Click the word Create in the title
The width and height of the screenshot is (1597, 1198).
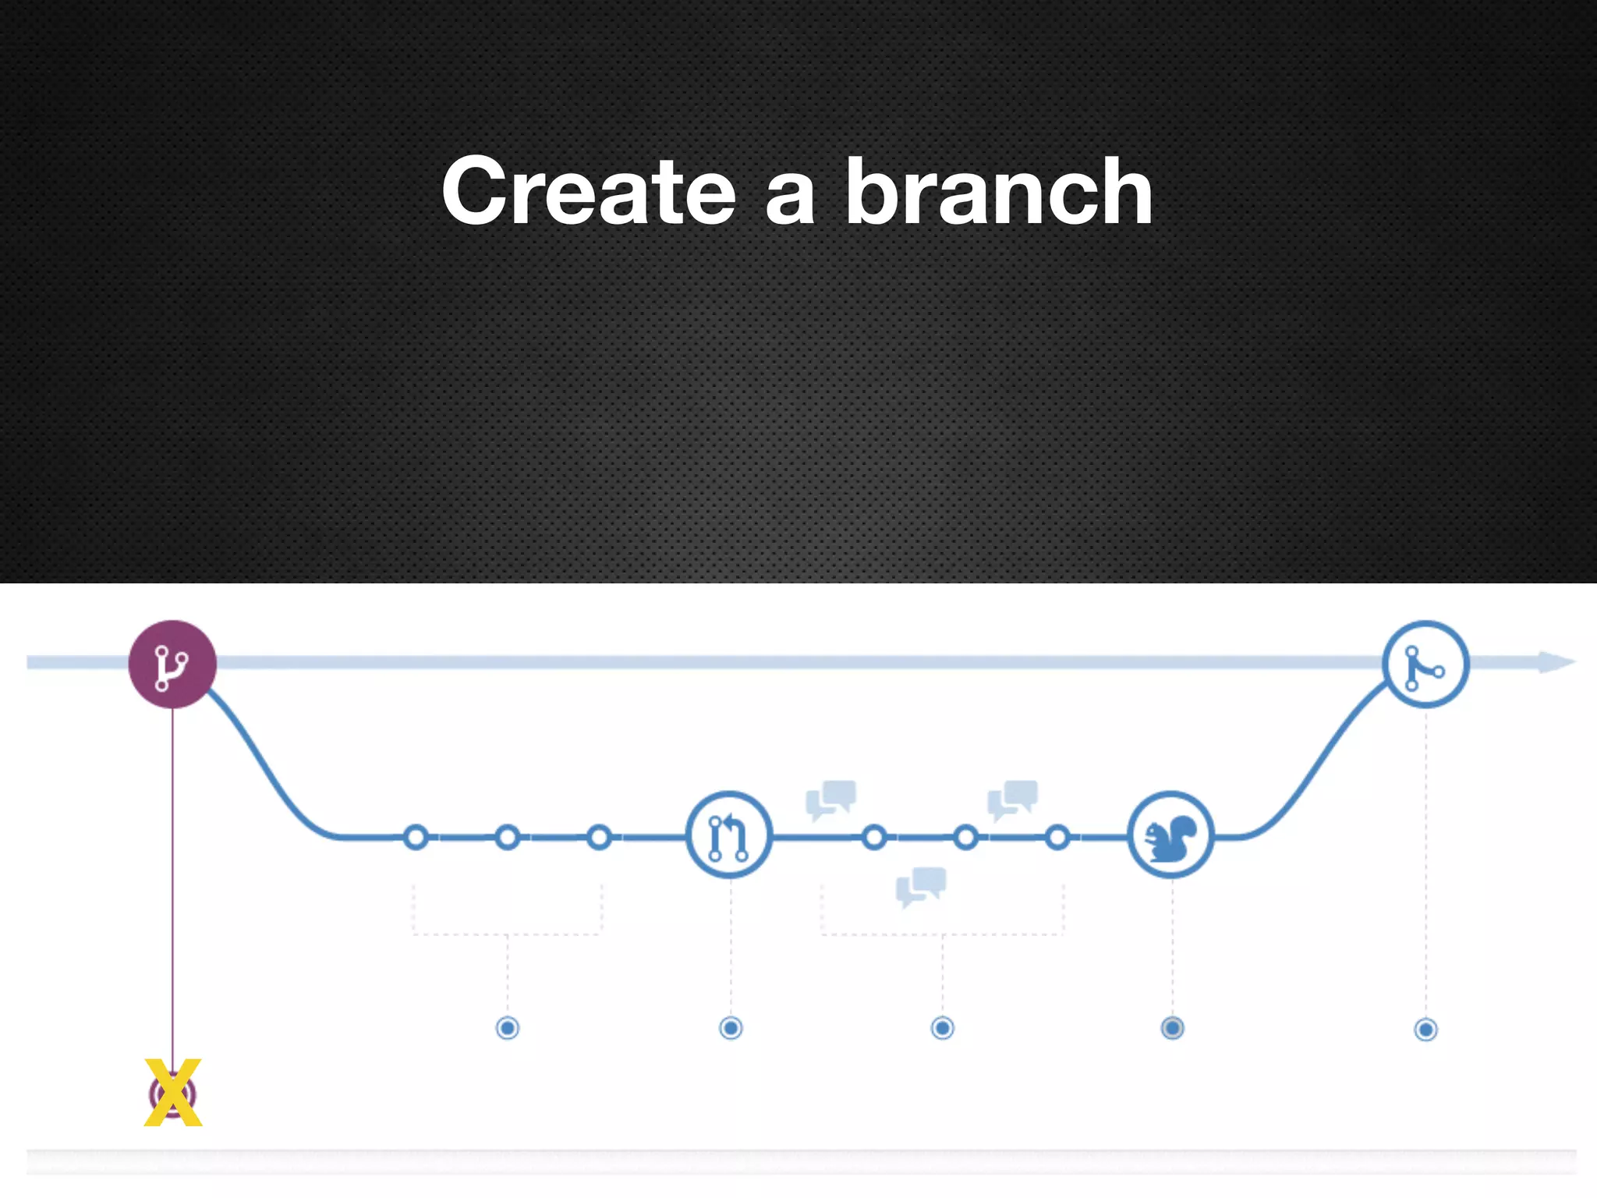pyautogui.click(x=589, y=191)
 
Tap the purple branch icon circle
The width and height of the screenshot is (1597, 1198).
pyautogui.click(x=172, y=665)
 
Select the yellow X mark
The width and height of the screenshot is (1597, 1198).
pyautogui.click(x=173, y=1093)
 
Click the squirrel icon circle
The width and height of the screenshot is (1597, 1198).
pyautogui.click(x=1170, y=835)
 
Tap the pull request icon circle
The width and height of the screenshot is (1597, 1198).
pyautogui.click(x=729, y=835)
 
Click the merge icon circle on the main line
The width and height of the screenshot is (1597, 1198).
pyautogui.click(x=1425, y=665)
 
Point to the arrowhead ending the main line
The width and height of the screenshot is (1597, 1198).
pyautogui.click(x=1557, y=663)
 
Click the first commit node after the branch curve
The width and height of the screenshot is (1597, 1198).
pyautogui.click(x=416, y=838)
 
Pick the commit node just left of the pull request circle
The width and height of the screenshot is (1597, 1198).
pyautogui.click(x=599, y=838)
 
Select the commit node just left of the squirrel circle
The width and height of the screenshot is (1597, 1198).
pyautogui.click(x=1057, y=838)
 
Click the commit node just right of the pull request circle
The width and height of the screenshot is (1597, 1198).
pyautogui.click(x=874, y=838)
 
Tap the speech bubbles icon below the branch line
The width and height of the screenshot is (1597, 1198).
pyautogui.click(x=921, y=886)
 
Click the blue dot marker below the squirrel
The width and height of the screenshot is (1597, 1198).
pyautogui.click(x=1172, y=1028)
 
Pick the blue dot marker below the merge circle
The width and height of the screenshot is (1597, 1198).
pyautogui.click(x=1425, y=1030)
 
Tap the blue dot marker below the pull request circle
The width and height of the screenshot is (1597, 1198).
pyautogui.click(x=731, y=1028)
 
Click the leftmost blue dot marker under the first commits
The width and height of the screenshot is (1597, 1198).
pyautogui.click(x=508, y=1028)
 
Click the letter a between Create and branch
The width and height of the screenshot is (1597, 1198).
pyautogui.click(x=790, y=201)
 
